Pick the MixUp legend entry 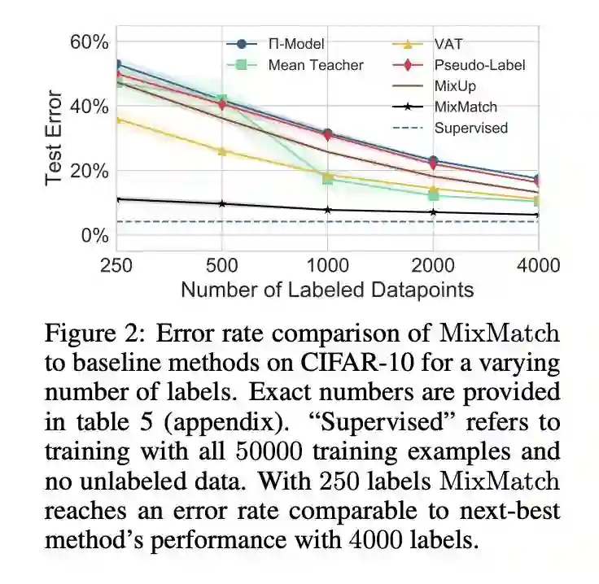pos(455,85)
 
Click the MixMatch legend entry pos(466,107)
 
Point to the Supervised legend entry pos(470,128)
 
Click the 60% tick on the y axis pos(88,42)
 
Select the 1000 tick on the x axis pos(327,265)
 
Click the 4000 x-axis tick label pos(537,265)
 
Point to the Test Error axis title pos(54,138)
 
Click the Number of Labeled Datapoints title pos(327,290)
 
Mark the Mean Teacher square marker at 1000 pos(328,178)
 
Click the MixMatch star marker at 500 pos(222,203)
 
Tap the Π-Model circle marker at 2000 pos(433,161)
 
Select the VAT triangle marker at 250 pos(118,120)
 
